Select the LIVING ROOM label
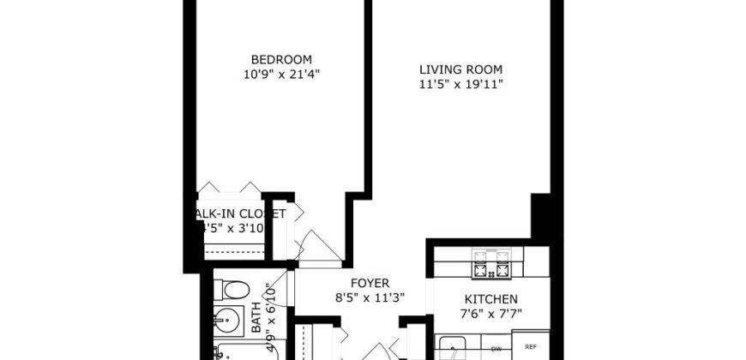(460, 69)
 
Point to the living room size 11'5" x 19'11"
(460, 84)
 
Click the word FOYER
(370, 283)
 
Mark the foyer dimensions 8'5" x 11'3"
(370, 297)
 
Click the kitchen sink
(453, 350)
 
